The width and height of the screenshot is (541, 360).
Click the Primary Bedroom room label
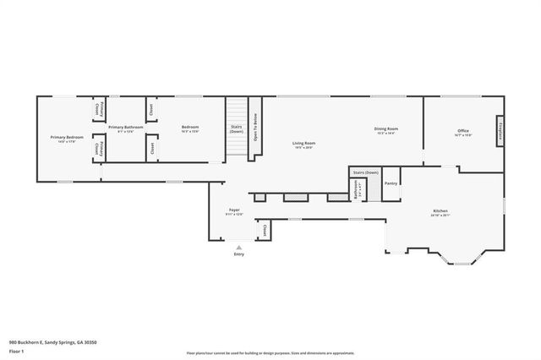68,137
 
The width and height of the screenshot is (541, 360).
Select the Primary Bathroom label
125,127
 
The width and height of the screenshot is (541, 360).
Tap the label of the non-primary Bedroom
190,127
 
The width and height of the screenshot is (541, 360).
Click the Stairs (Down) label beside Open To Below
237,128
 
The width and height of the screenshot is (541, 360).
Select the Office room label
463,130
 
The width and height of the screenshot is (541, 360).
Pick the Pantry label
391,183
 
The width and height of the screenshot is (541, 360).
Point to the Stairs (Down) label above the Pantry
366,172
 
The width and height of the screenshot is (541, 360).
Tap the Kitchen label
440,210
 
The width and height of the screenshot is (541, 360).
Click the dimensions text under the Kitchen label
440,215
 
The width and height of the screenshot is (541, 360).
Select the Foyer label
234,210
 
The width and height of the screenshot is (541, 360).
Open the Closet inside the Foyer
264,230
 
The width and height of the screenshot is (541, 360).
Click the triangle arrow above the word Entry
238,248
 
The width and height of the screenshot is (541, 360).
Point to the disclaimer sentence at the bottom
270,353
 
